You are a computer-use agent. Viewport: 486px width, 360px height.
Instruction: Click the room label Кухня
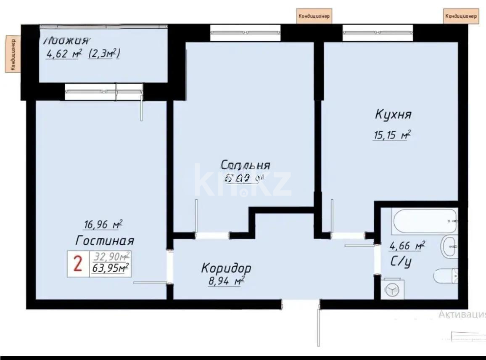click(393, 114)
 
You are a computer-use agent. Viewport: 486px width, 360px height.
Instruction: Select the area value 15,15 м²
click(391, 135)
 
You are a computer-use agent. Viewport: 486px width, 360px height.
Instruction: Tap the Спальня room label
click(246, 165)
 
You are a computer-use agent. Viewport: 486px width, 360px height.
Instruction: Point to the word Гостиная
click(105, 241)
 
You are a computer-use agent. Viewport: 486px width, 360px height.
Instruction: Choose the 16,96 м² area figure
click(103, 225)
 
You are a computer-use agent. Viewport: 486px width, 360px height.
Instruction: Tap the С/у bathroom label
click(401, 262)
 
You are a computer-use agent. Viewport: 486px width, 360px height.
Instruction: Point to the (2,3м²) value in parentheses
click(104, 54)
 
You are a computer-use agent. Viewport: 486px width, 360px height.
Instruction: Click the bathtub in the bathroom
click(425, 221)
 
